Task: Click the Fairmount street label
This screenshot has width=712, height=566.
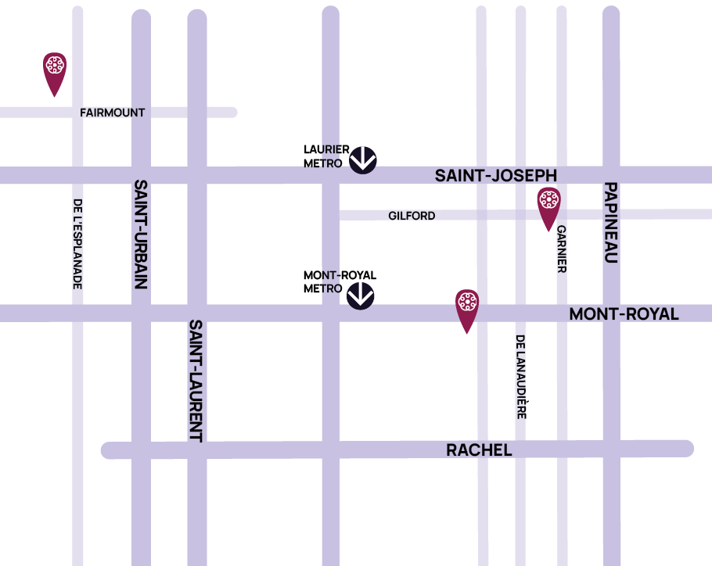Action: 112,113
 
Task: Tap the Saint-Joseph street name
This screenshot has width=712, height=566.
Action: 495,176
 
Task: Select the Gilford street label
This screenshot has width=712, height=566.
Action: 412,216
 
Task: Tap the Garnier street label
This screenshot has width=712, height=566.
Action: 561,249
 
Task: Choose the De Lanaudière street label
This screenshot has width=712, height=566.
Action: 520,376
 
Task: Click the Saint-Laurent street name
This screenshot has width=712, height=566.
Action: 196,381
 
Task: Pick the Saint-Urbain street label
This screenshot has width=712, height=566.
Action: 141,234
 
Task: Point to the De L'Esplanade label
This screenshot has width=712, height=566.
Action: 77,243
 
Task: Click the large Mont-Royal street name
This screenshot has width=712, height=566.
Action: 624,314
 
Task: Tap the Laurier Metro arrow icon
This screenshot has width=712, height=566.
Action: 363,159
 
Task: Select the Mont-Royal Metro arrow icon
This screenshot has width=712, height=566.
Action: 361,295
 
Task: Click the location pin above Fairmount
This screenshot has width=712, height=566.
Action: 54,71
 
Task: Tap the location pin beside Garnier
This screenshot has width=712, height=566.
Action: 548,206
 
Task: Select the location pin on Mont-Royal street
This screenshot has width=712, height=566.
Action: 466,307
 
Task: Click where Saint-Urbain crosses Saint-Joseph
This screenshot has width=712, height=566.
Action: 141,175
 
